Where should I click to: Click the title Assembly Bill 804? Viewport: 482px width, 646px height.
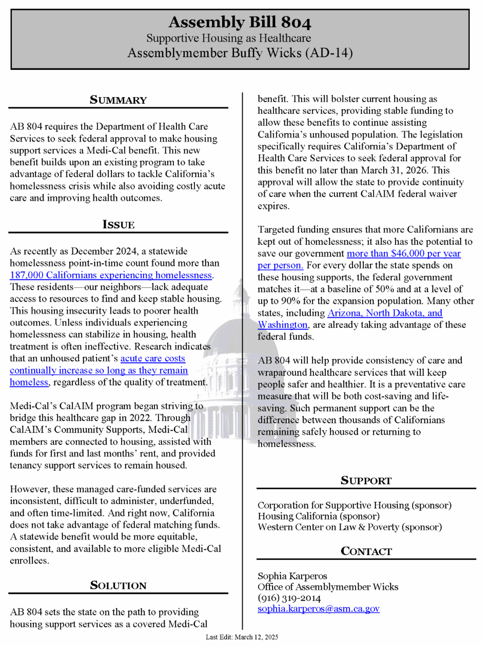click(x=240, y=22)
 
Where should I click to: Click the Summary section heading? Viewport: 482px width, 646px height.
click(x=118, y=100)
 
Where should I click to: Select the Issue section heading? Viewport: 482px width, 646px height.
click(x=118, y=225)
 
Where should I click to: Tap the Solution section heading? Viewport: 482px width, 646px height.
click(x=118, y=585)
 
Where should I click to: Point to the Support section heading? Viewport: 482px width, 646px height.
click(x=366, y=480)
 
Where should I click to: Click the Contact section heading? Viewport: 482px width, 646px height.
click(x=366, y=551)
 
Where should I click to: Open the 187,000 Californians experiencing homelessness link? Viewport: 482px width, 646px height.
click(x=111, y=275)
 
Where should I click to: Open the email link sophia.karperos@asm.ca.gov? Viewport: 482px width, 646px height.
click(x=318, y=609)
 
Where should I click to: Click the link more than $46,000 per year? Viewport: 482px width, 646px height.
click(x=403, y=254)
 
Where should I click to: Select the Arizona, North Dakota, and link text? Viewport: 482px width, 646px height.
click(x=385, y=313)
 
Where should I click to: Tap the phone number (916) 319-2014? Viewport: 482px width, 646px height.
click(x=289, y=598)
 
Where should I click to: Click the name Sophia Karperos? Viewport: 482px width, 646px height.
click(x=292, y=576)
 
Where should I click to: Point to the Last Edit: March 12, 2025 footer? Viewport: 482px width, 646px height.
click(x=242, y=637)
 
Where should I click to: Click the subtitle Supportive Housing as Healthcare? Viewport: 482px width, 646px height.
click(x=228, y=38)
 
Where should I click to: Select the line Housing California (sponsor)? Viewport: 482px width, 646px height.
click(x=318, y=516)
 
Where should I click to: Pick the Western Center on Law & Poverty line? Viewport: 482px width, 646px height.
click(x=349, y=527)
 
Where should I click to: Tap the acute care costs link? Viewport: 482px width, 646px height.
click(x=153, y=359)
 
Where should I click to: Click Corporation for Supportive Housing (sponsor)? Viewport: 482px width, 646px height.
click(x=354, y=505)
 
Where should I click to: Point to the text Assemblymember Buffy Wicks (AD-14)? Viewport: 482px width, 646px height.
click(x=240, y=53)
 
